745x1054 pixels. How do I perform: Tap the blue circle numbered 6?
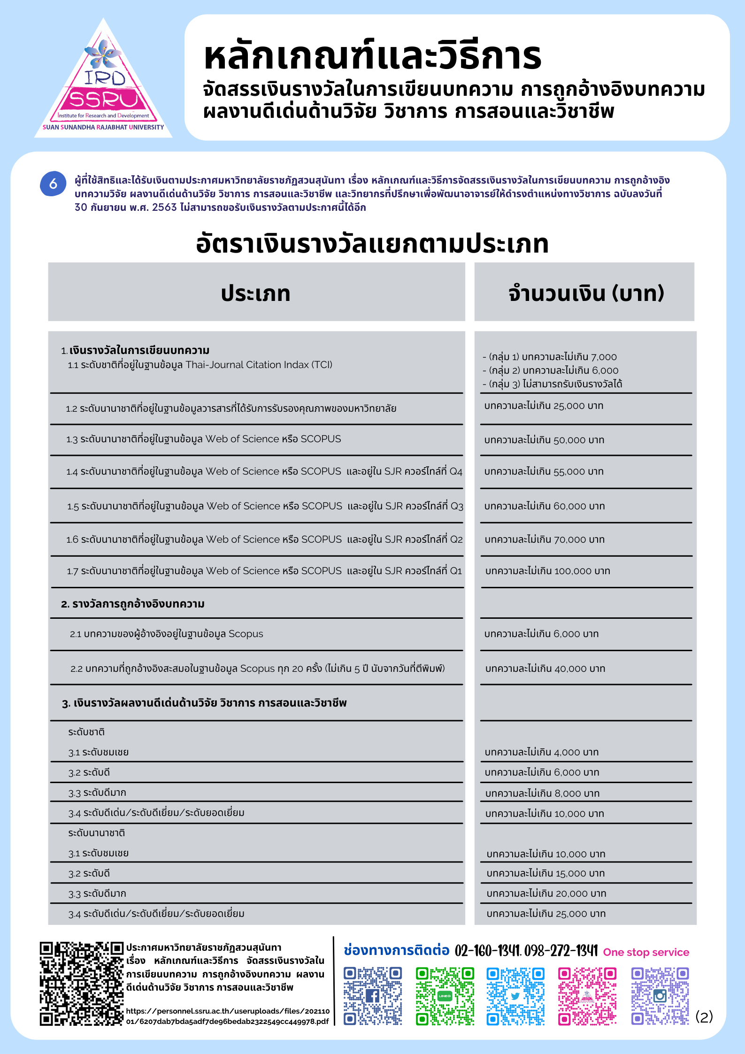tap(53, 184)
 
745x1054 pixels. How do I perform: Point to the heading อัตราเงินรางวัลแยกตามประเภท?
tap(372, 244)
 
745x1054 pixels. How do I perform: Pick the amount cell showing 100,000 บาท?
tap(547, 571)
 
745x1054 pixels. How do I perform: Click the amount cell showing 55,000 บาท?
tap(544, 471)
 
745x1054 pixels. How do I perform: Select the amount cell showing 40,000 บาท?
tap(545, 669)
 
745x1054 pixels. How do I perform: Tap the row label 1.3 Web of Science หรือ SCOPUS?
tap(204, 439)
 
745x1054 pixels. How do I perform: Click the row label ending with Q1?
tap(264, 571)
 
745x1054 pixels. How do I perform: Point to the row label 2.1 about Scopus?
tap(167, 634)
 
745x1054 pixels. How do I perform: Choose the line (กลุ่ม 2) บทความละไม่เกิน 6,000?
tap(550, 370)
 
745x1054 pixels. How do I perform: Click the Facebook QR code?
tap(372, 995)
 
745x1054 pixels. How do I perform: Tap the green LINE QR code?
tap(445, 995)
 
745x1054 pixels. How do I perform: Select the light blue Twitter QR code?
tap(515, 995)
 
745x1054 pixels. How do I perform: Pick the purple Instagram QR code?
tap(660, 995)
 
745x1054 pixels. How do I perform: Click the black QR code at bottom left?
tap(81, 984)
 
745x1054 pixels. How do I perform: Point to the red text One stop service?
tap(646, 952)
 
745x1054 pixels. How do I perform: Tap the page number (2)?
tap(704, 1017)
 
